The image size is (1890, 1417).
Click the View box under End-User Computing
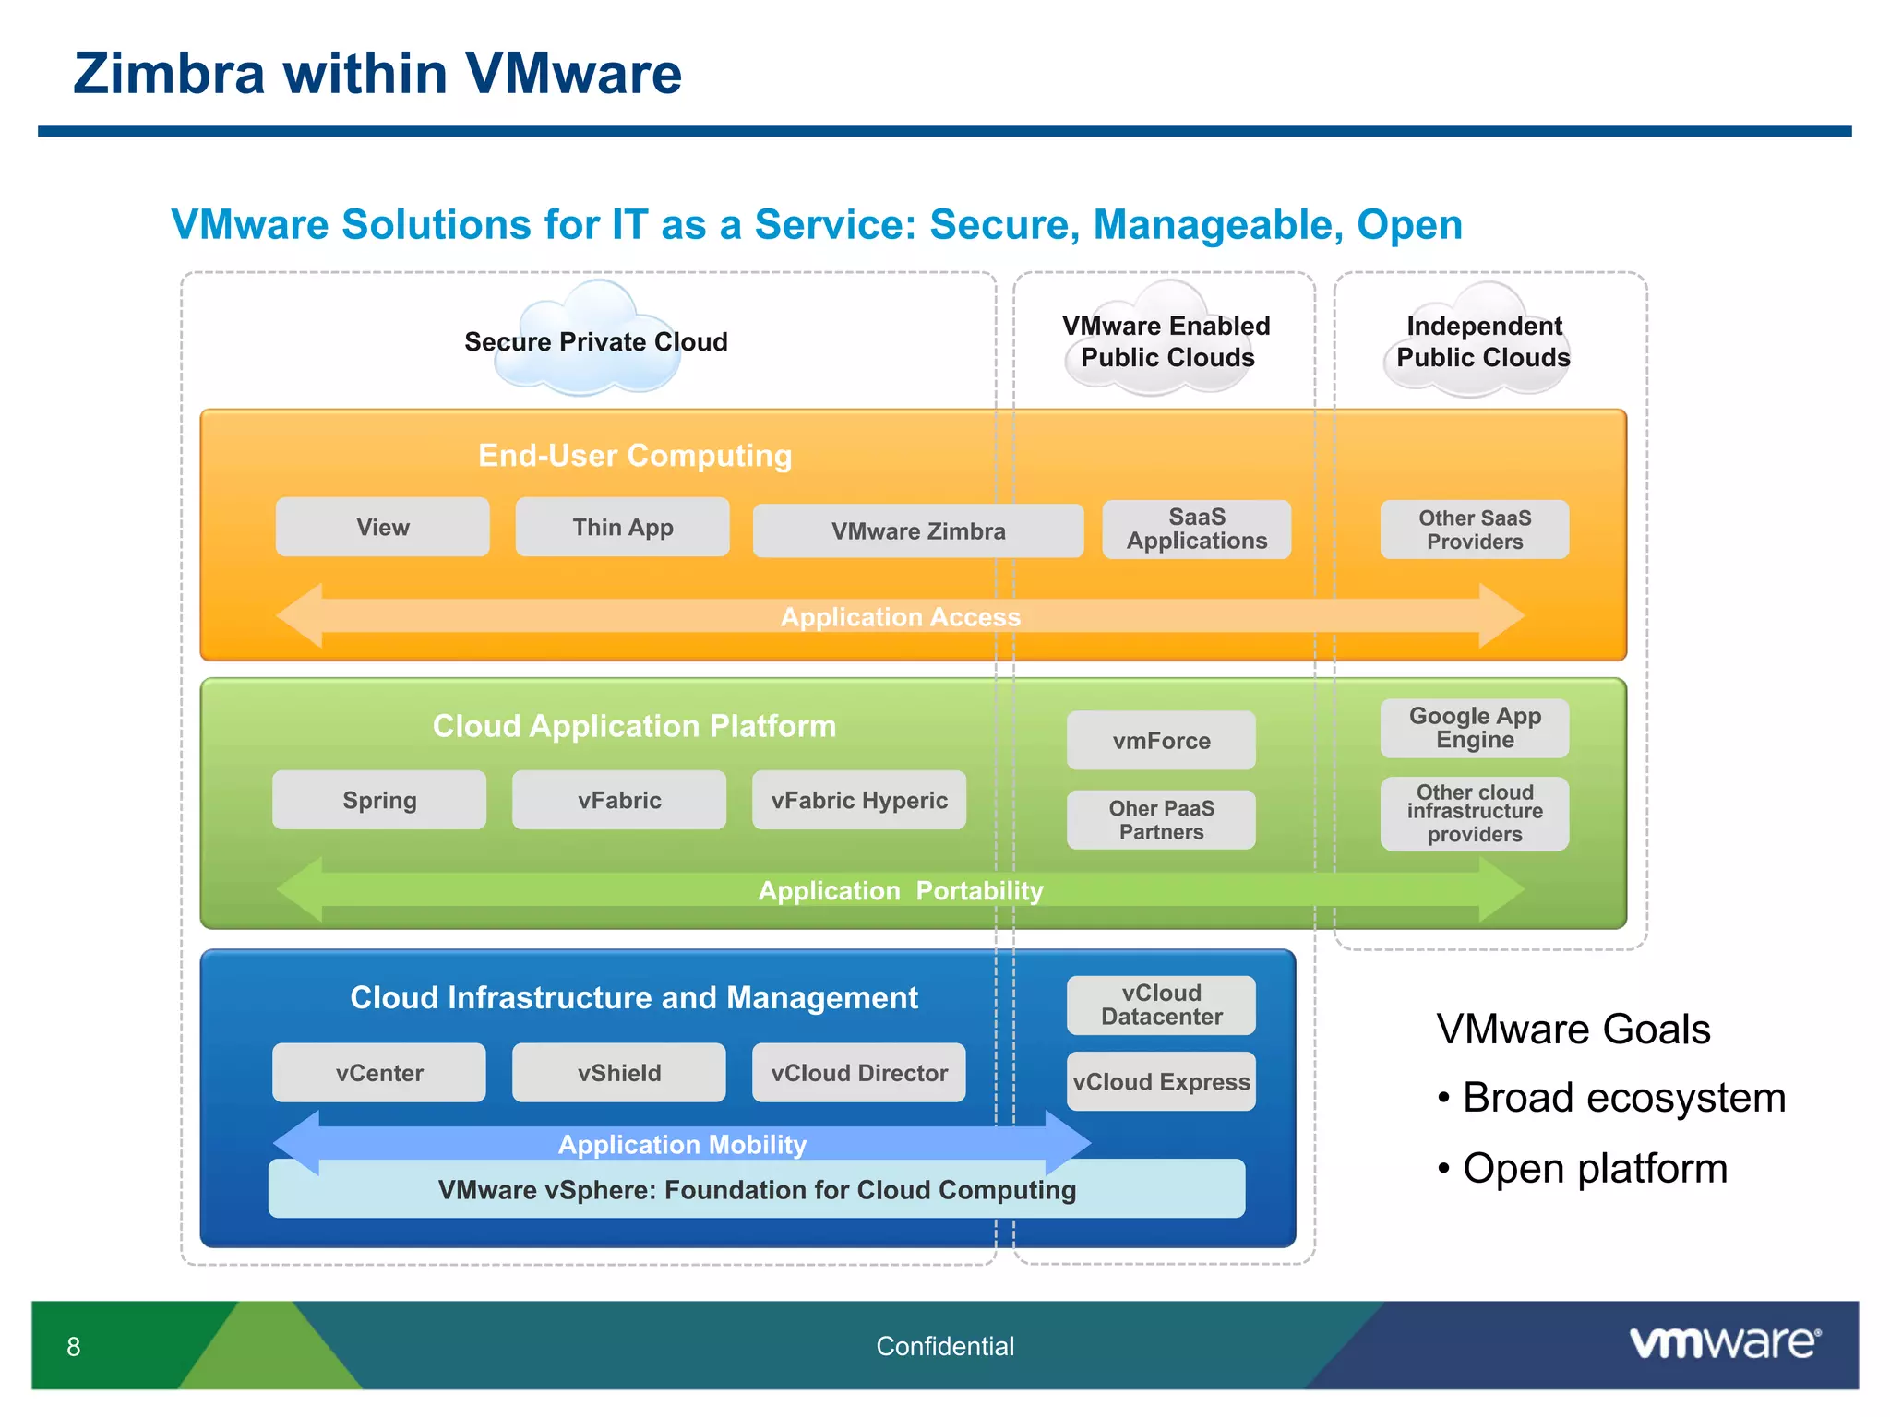click(382, 527)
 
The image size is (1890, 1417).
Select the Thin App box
click(622, 527)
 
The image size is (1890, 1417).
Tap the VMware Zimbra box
click(917, 530)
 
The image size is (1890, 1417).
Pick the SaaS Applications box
click(1196, 530)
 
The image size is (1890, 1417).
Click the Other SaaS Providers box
click(1474, 530)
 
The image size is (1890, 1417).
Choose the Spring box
click(379, 800)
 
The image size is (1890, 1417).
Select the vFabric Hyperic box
click(858, 800)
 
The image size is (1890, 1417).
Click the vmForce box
click(1160, 740)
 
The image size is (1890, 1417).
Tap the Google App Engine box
click(1474, 728)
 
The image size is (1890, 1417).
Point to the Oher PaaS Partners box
click(1160, 819)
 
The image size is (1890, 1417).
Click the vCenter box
click(379, 1072)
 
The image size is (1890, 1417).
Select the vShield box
click(618, 1072)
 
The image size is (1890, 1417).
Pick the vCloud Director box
click(858, 1072)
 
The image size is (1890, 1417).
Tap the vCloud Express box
click(1160, 1081)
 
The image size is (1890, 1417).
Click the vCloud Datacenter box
click(1160, 1005)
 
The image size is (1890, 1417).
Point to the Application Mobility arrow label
click(682, 1144)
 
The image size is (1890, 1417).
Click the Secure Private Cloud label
click(595, 341)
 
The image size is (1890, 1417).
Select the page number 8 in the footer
click(74, 1347)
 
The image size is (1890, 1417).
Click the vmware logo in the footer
click(1724, 1342)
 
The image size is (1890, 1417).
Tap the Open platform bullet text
click(1594, 1168)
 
